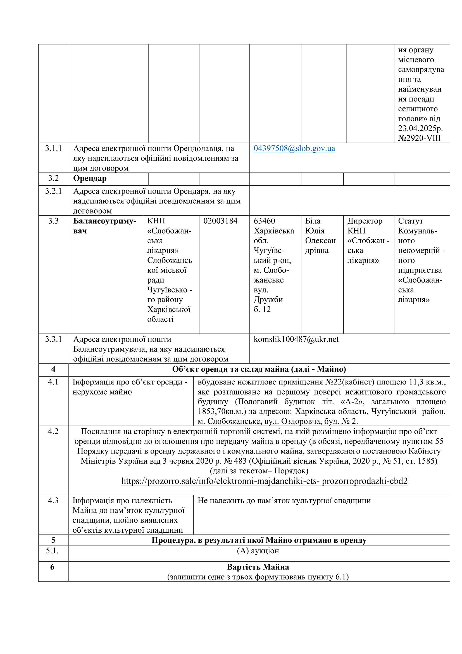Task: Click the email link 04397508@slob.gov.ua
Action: click(294, 148)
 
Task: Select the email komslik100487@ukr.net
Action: click(296, 339)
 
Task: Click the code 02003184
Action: click(220, 221)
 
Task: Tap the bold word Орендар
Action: click(90, 178)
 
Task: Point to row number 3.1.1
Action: click(53, 148)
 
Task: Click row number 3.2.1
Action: click(53, 191)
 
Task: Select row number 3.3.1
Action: click(53, 339)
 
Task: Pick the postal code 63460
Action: click(264, 221)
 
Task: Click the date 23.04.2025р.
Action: click(420, 128)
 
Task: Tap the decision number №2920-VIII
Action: click(419, 138)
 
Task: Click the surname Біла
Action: click(313, 221)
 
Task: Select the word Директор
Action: click(365, 221)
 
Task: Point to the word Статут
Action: click(410, 221)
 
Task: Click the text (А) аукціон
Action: click(258, 551)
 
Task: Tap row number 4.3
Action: click(53, 500)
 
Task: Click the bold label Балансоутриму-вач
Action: click(105, 226)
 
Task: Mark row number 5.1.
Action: click(52, 551)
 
